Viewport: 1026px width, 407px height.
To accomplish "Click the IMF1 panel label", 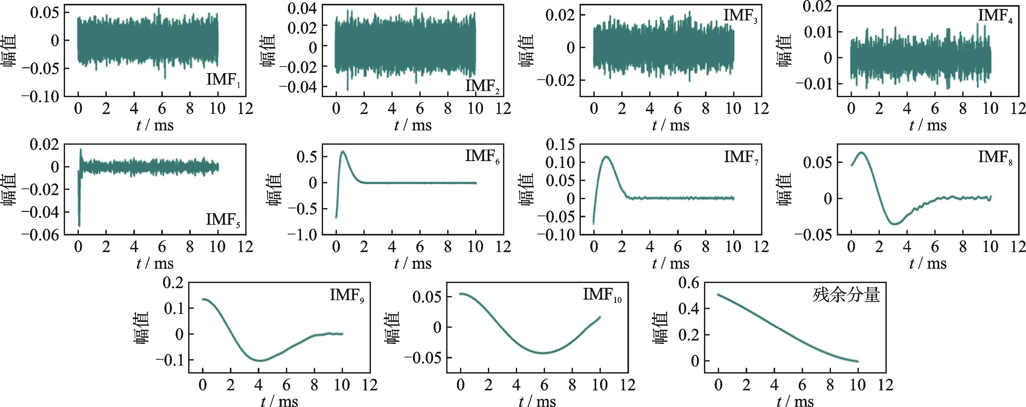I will pyautogui.click(x=223, y=80).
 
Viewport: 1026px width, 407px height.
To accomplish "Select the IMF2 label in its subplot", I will pyautogui.click(x=482, y=86).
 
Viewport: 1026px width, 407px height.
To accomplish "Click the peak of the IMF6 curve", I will pyautogui.click(x=343, y=151).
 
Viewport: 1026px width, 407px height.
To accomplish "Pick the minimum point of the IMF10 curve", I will pyautogui.click(x=544, y=353).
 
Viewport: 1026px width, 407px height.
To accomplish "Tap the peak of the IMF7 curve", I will pyautogui.click(x=607, y=156).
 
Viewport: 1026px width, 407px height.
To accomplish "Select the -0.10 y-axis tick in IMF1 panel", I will pyautogui.click(x=40, y=97).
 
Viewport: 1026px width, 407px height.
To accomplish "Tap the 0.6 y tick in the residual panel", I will pyautogui.click(x=689, y=283).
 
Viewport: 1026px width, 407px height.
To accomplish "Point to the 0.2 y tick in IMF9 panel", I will pyautogui.click(x=173, y=283).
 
